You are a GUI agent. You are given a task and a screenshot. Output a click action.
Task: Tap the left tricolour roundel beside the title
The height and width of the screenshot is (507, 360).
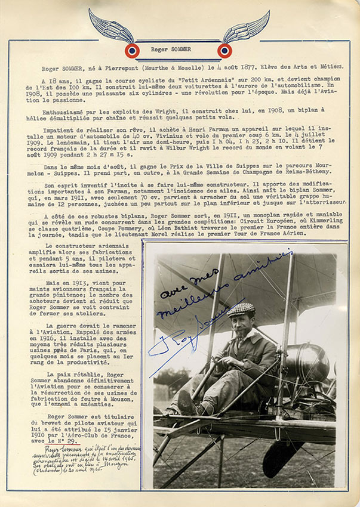133,50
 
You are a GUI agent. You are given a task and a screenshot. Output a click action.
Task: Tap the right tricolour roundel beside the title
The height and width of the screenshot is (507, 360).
225,50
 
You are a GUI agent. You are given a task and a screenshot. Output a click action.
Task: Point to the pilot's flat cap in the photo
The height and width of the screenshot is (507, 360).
241,309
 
